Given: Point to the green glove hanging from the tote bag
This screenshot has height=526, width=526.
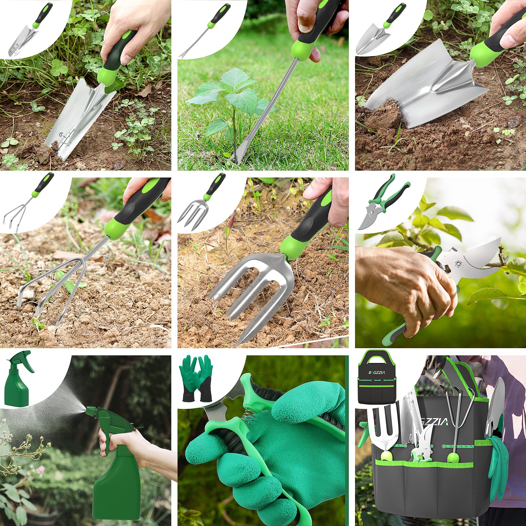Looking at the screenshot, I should point(498,460).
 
